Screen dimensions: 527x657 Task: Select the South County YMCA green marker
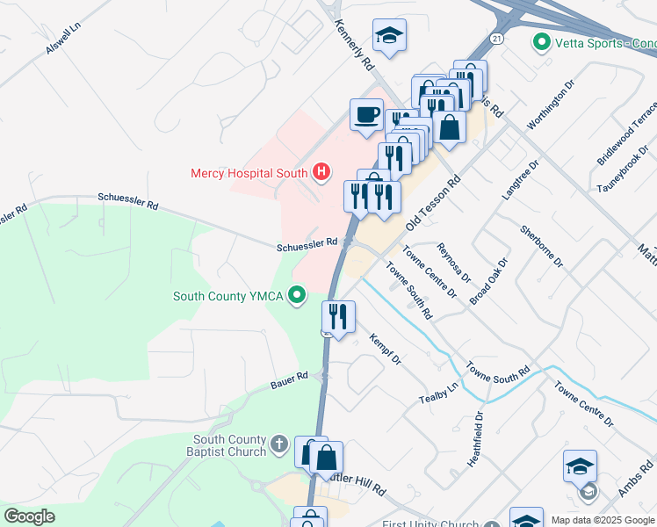click(299, 295)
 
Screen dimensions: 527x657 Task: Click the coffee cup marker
click(366, 114)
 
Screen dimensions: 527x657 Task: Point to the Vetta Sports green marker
click(541, 42)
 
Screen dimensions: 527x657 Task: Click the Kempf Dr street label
click(385, 349)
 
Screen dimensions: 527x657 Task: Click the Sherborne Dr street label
click(539, 246)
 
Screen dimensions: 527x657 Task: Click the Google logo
click(29, 516)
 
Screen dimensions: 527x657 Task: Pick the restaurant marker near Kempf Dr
click(338, 315)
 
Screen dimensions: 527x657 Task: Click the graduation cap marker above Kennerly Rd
click(389, 36)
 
